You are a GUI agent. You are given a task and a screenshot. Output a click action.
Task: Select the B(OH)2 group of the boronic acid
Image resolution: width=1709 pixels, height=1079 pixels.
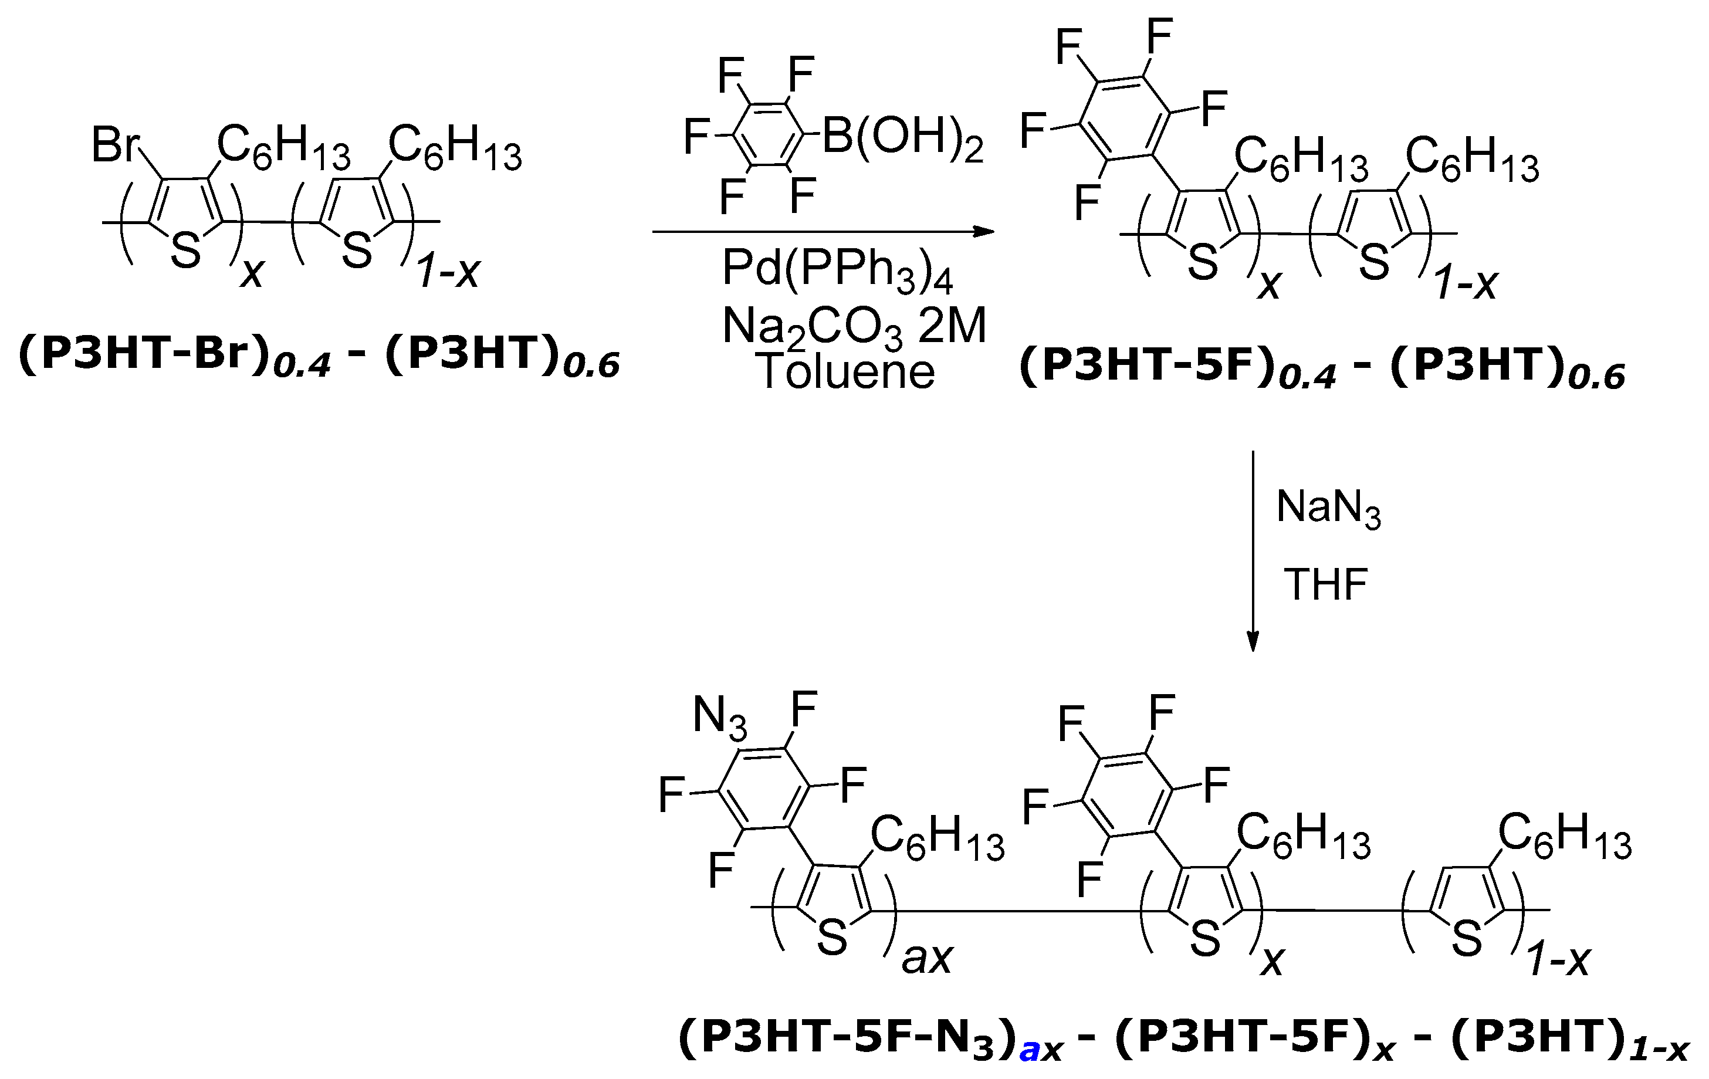pyautogui.click(x=902, y=137)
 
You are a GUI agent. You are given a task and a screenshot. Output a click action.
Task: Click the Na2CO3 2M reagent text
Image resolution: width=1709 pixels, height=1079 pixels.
pyautogui.click(x=854, y=327)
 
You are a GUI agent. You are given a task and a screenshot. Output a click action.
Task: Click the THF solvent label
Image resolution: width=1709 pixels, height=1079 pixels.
pyautogui.click(x=1326, y=584)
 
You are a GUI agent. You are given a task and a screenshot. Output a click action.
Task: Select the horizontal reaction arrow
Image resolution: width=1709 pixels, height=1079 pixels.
pyautogui.click(x=823, y=231)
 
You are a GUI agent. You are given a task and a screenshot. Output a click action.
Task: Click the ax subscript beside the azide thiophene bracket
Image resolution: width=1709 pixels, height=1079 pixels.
pyautogui.click(x=927, y=958)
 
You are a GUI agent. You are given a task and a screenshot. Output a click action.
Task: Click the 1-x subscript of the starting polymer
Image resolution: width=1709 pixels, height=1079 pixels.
pyautogui.click(x=449, y=271)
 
